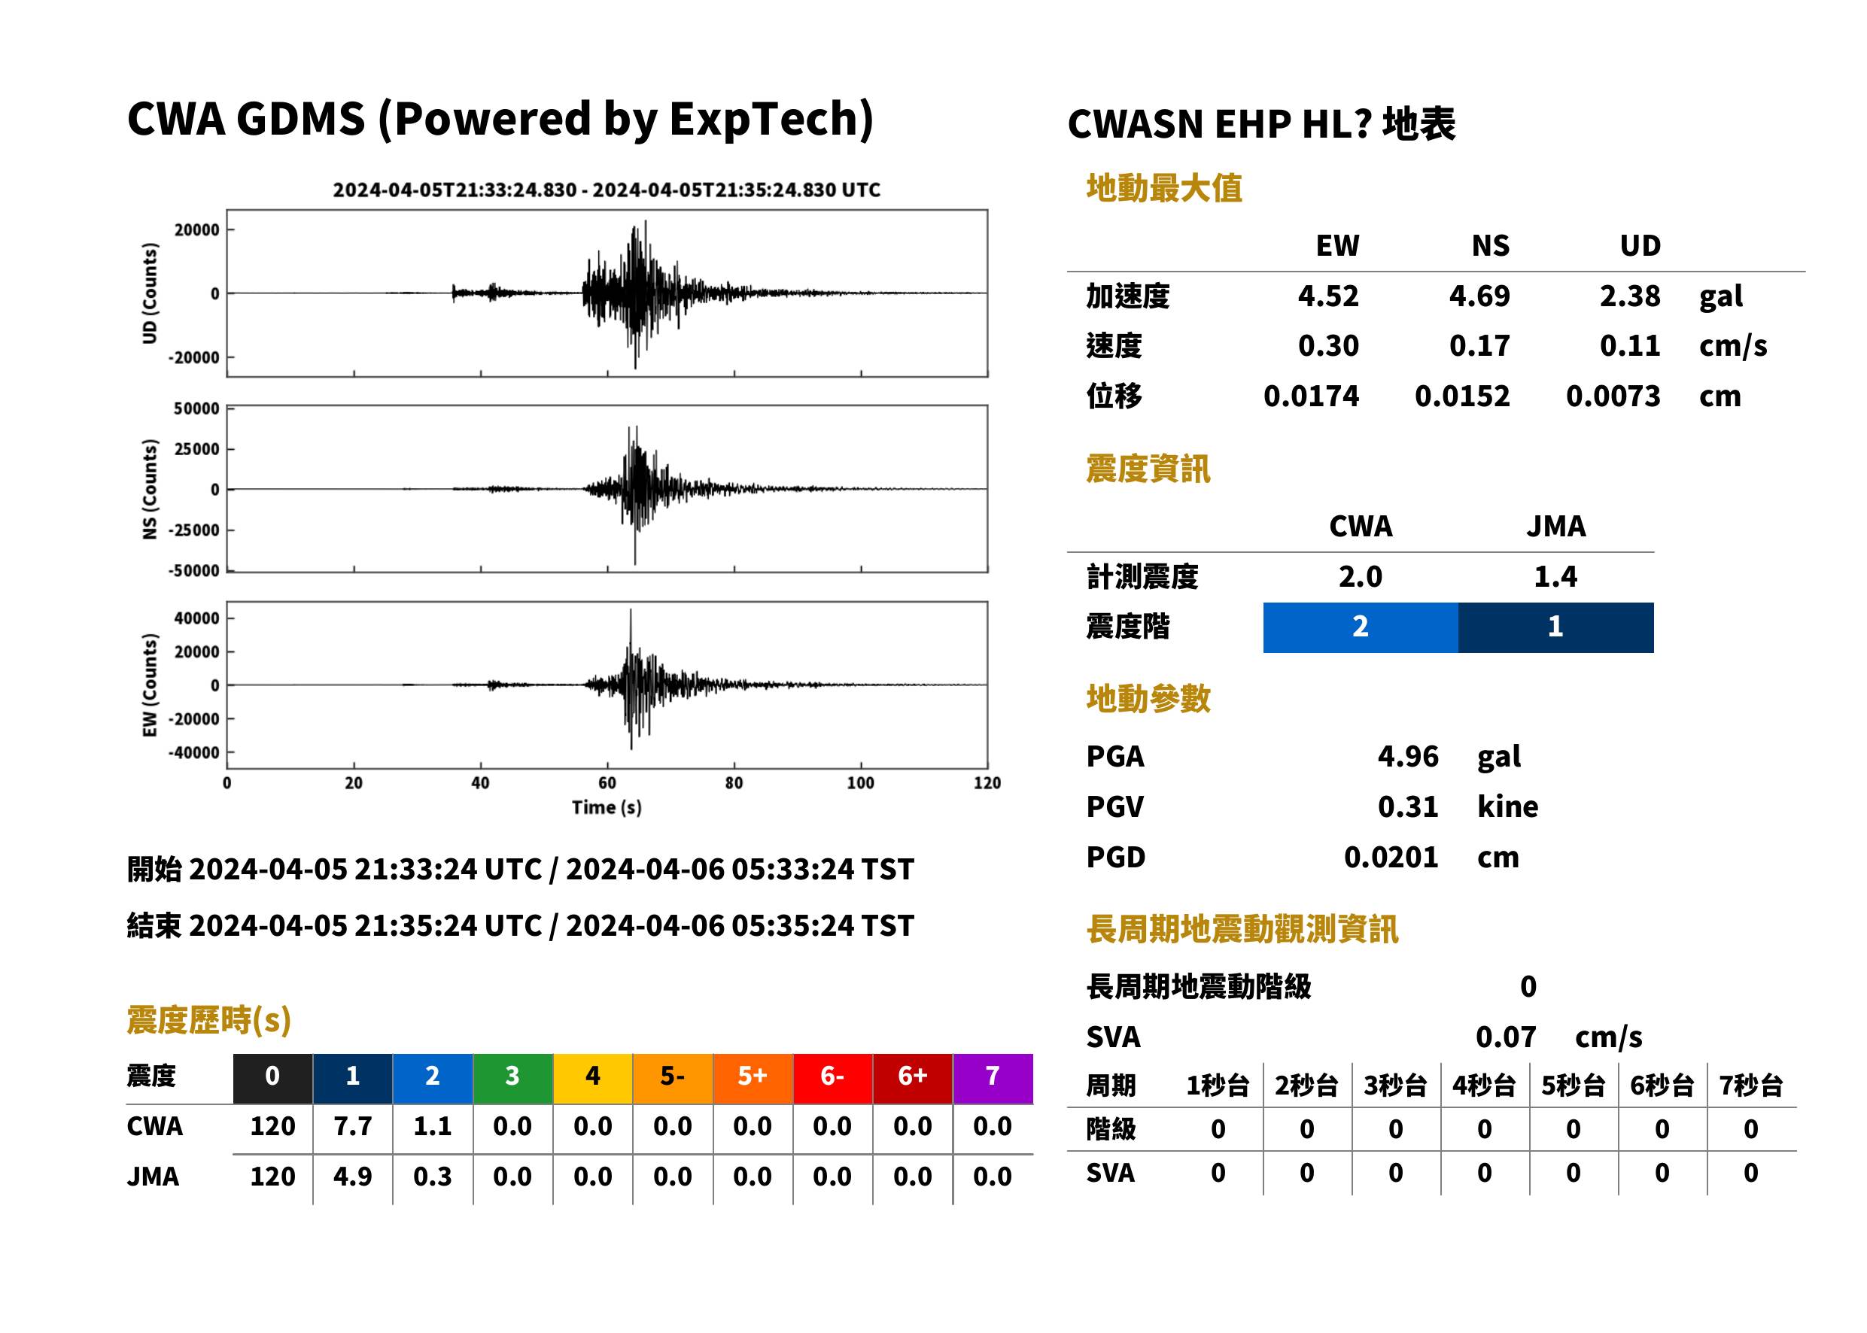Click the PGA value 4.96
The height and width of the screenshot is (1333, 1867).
point(1407,756)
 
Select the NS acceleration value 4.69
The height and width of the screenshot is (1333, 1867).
point(1479,296)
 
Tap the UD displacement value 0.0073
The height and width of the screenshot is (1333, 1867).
point(1613,396)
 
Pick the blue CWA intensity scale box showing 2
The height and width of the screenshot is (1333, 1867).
point(1361,627)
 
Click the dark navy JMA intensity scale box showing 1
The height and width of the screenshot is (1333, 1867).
point(1556,627)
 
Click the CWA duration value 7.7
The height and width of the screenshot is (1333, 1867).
point(352,1126)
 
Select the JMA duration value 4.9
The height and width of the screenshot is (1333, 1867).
point(352,1177)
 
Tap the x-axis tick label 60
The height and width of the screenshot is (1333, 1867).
point(607,783)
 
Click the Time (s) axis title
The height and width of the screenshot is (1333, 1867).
point(607,808)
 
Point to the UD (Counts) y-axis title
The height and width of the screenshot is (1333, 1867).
point(150,293)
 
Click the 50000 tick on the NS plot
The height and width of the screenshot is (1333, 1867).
point(196,408)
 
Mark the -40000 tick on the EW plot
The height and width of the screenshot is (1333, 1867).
point(193,753)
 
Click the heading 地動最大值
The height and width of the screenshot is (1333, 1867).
point(1164,188)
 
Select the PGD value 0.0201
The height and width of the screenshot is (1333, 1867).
point(1391,857)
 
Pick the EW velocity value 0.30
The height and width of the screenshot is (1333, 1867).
point(1328,345)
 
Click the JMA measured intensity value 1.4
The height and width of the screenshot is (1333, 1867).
point(1556,577)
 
